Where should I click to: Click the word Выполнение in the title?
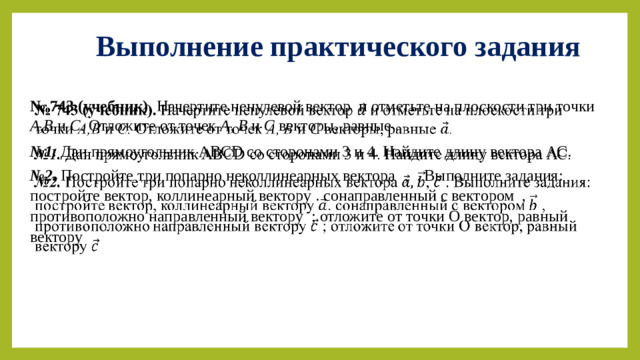coord(166,46)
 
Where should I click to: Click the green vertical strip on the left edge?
coord(7,180)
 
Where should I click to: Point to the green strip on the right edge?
coord(632,180)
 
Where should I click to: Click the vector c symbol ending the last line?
coord(94,247)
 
